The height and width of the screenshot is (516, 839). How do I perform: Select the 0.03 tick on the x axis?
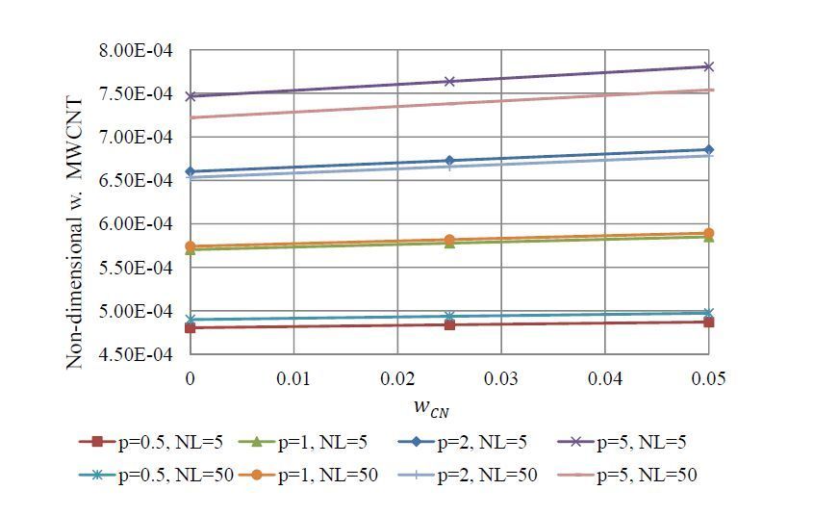[501, 378]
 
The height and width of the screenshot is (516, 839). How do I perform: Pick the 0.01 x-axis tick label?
[293, 378]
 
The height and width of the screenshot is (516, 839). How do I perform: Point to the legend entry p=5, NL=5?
[621, 443]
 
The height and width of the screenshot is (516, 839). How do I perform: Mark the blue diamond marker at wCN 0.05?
[709, 149]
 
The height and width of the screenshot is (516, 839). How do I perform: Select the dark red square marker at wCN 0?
[191, 327]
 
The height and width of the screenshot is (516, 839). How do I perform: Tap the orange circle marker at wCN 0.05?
[709, 233]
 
